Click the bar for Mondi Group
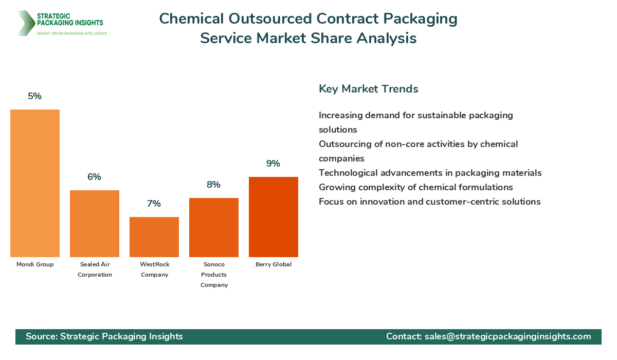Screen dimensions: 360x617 [x=35, y=183]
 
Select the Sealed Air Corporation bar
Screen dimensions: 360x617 [x=95, y=224]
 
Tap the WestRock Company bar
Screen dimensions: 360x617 [x=154, y=237]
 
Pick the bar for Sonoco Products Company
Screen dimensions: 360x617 [x=214, y=227]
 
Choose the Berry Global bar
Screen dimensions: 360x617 [x=274, y=217]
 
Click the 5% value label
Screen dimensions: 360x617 [x=35, y=96]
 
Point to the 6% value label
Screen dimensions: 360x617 [x=95, y=177]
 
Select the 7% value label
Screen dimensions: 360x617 [x=154, y=204]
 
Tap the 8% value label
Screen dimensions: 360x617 [x=214, y=185]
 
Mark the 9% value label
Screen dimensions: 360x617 [x=274, y=164]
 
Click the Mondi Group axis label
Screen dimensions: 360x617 [x=35, y=264]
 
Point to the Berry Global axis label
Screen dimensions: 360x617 [x=274, y=264]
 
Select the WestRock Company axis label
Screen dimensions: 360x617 [x=154, y=269]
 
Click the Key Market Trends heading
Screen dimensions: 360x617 [x=368, y=89]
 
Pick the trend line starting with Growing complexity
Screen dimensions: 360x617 [x=415, y=187]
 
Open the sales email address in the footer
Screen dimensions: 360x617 [x=507, y=336]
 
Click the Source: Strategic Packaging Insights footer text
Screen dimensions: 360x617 [x=104, y=336]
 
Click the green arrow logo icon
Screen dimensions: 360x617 [x=25, y=23]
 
